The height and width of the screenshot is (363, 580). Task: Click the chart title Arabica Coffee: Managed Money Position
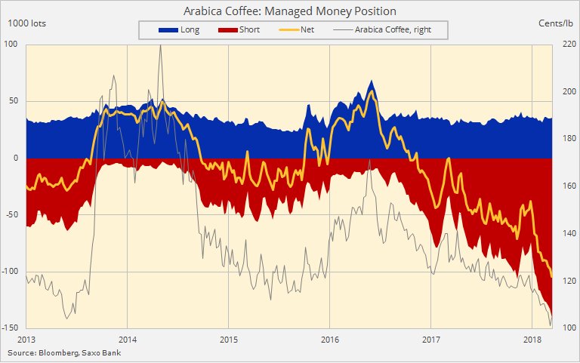coord(290,11)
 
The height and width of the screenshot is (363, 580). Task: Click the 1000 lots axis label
coord(27,23)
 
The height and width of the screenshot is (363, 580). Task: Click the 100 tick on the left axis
coord(11,45)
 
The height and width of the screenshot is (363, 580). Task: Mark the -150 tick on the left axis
coord(9,328)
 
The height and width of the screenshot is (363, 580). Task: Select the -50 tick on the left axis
coord(11,215)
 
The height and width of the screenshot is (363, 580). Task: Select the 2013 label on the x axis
coord(26,339)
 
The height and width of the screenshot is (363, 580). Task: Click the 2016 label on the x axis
coord(329,339)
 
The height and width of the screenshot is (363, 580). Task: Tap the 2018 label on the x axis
coord(532,339)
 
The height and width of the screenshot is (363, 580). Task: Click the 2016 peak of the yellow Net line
coord(371,91)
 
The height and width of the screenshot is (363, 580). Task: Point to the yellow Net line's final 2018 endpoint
coord(552,276)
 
